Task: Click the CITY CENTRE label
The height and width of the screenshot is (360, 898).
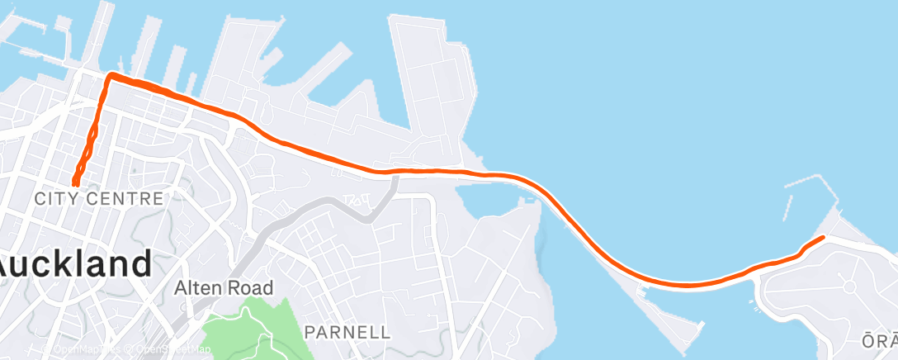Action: pyautogui.click(x=99, y=199)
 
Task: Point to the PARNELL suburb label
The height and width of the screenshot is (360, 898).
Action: pyautogui.click(x=347, y=332)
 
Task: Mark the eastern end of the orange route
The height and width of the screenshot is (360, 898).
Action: pyautogui.click(x=823, y=238)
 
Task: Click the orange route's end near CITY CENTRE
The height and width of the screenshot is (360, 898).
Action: pyautogui.click(x=75, y=182)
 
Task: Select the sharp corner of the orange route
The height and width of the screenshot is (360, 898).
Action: pyautogui.click(x=110, y=76)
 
